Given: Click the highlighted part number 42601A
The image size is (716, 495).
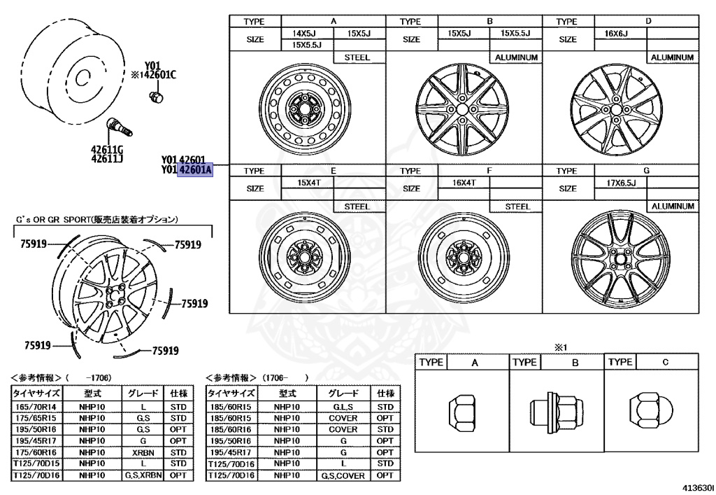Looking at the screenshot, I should click(194, 169).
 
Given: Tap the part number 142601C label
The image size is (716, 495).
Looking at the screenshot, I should click(157, 75).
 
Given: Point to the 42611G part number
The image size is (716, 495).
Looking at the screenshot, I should click(106, 148).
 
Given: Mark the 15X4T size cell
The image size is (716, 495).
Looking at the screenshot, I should click(308, 182).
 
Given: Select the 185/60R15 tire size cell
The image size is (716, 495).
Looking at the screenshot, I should click(233, 406).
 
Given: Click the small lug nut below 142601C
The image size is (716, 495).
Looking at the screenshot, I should click(157, 97).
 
